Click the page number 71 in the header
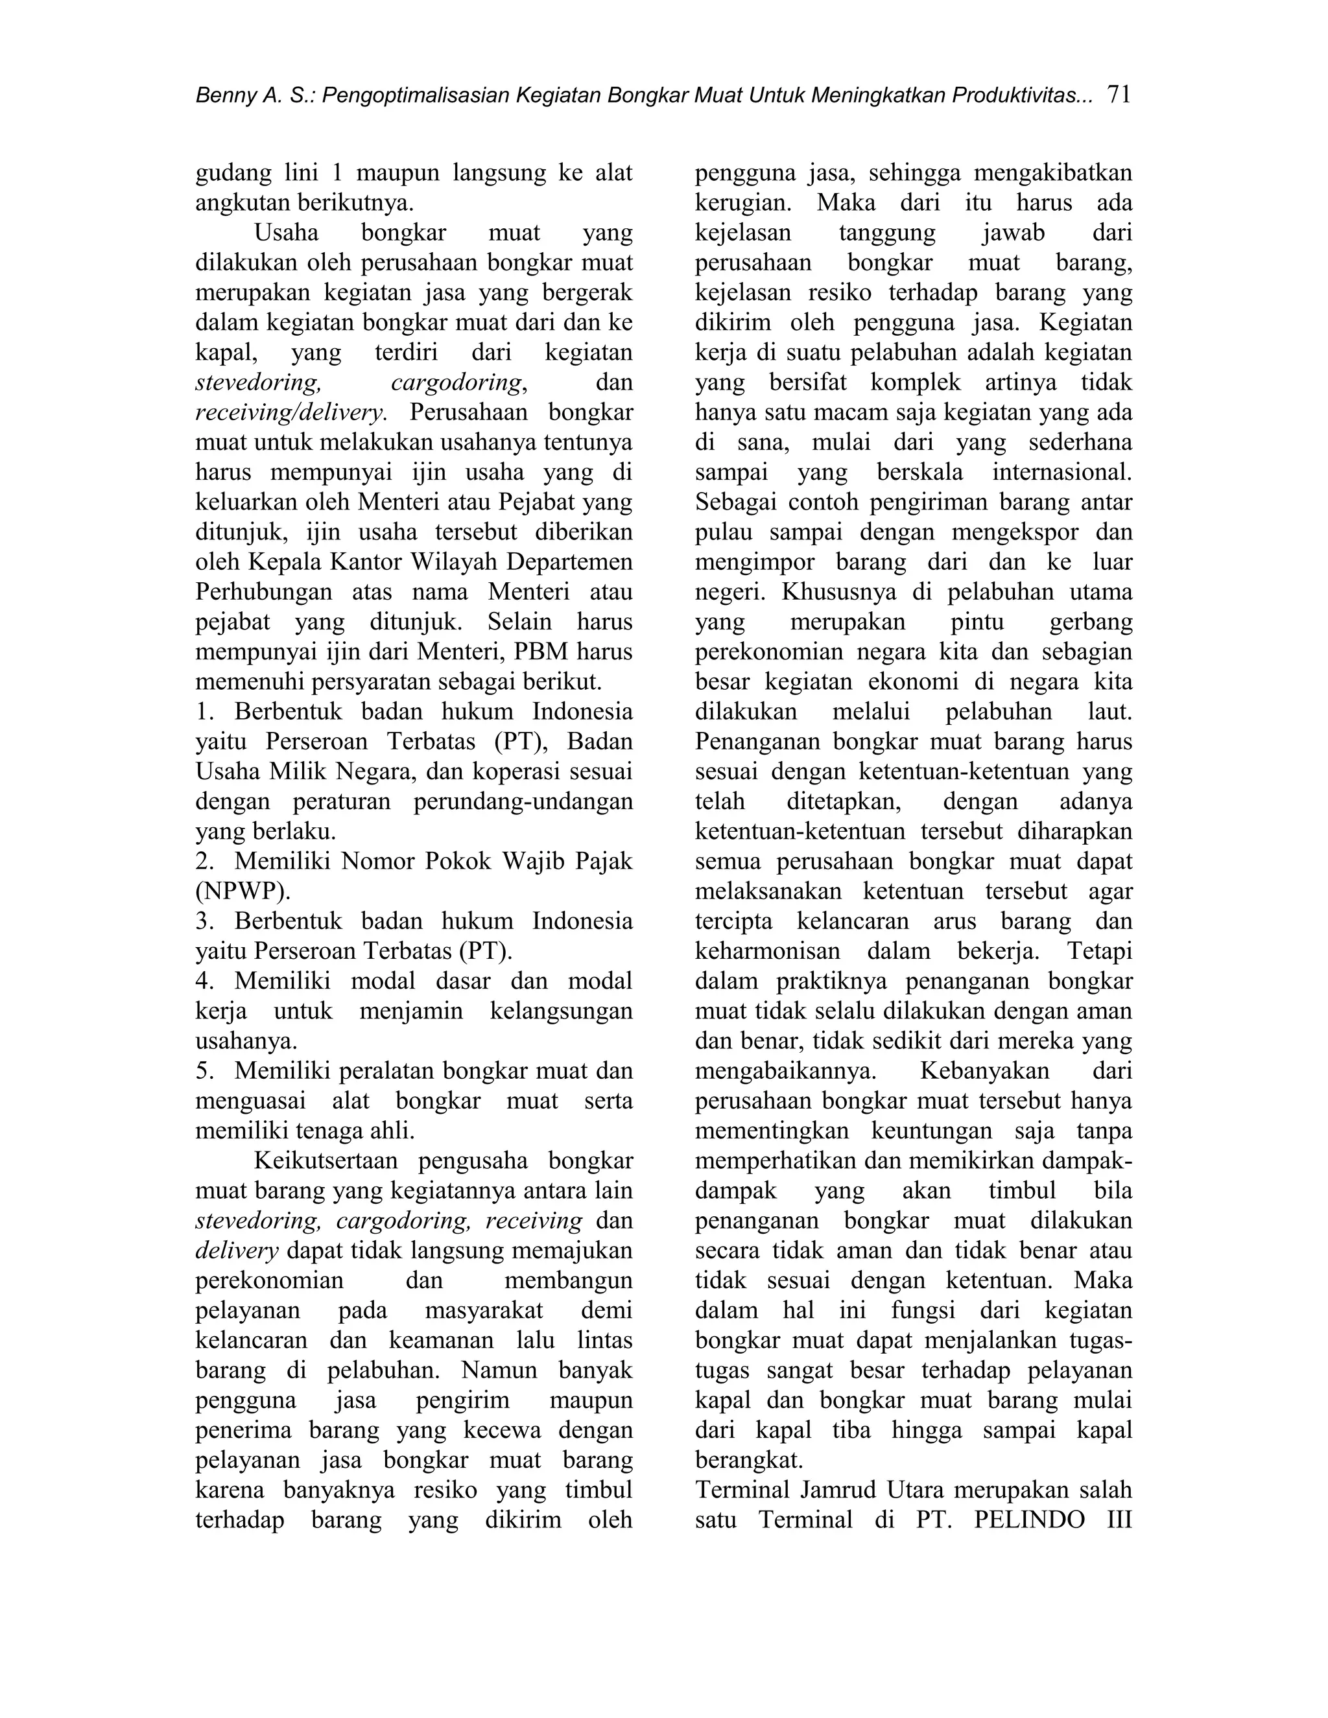click(x=1118, y=95)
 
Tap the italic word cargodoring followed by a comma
click(x=457, y=383)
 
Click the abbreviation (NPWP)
click(x=243, y=892)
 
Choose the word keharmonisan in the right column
click(x=767, y=952)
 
